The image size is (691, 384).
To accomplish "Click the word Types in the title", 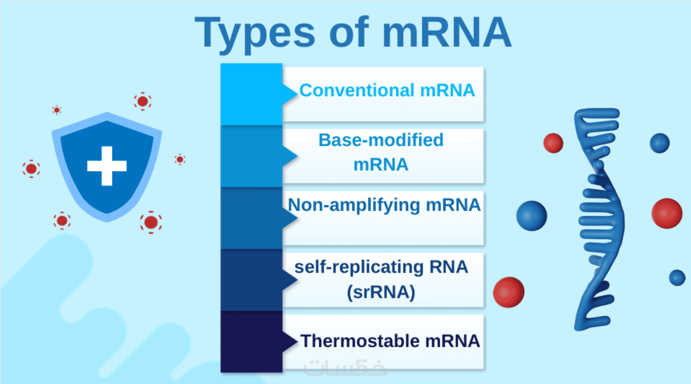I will (x=255, y=33).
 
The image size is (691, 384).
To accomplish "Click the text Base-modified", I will (x=381, y=140).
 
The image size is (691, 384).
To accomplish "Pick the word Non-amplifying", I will (x=353, y=205).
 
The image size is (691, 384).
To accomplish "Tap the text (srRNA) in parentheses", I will (x=381, y=292).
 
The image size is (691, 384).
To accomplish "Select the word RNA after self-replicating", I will (x=448, y=267).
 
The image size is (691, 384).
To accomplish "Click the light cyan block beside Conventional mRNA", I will (x=251, y=94).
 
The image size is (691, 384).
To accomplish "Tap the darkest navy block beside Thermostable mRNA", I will (x=251, y=342).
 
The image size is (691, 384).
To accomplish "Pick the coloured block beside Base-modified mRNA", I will (x=251, y=156).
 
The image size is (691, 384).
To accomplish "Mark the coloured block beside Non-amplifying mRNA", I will (x=251, y=218).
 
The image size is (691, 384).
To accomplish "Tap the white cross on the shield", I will (x=107, y=166).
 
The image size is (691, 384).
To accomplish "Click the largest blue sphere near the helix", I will (x=532, y=216).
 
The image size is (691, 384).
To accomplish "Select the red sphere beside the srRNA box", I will (x=508, y=292).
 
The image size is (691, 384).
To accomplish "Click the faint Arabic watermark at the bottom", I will (x=345, y=368).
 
